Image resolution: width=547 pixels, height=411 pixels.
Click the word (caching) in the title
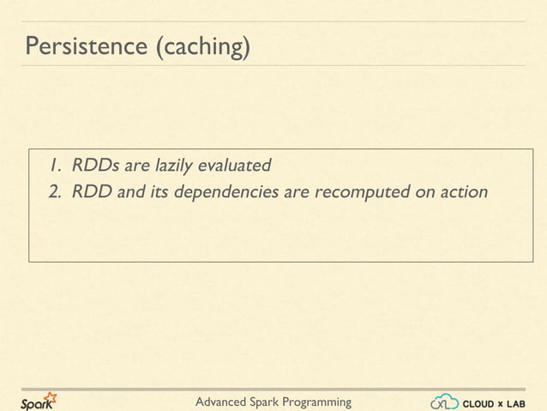click(x=202, y=46)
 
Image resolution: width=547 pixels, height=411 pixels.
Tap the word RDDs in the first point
click(x=96, y=164)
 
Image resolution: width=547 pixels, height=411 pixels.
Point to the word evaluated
click(x=235, y=164)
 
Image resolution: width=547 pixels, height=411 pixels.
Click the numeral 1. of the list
click(x=55, y=164)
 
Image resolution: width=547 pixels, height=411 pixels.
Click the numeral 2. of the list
click(x=55, y=191)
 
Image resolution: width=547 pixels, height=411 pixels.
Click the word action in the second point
click(x=463, y=191)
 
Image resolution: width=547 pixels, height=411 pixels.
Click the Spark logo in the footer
click(x=38, y=402)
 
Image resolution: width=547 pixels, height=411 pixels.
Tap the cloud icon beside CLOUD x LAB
click(x=444, y=402)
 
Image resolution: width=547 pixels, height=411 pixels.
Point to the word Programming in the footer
click(x=319, y=402)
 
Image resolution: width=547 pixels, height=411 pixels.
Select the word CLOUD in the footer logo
click(x=478, y=402)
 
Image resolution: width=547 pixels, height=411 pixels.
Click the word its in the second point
click(x=159, y=191)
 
